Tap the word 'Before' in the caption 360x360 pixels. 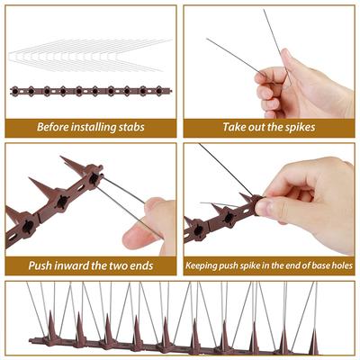pyautogui.click(x=52, y=127)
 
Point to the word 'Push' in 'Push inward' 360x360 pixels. pyautogui.click(x=39, y=265)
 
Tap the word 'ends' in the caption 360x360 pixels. pyautogui.click(x=141, y=265)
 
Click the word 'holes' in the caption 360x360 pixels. pyautogui.click(x=342, y=265)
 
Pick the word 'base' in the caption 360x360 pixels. pyautogui.click(x=320, y=265)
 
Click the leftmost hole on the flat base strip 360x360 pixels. pyautogui.click(x=15, y=90)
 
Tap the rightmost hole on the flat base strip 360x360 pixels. pyautogui.click(x=158, y=90)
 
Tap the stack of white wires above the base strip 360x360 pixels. pyautogui.click(x=91, y=55)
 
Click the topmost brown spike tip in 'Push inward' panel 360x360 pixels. pyautogui.click(x=62, y=157)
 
